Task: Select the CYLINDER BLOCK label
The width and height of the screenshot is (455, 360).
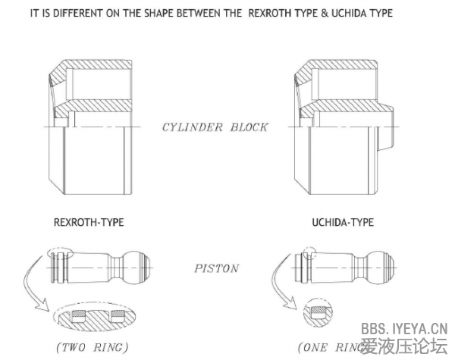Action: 215,127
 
